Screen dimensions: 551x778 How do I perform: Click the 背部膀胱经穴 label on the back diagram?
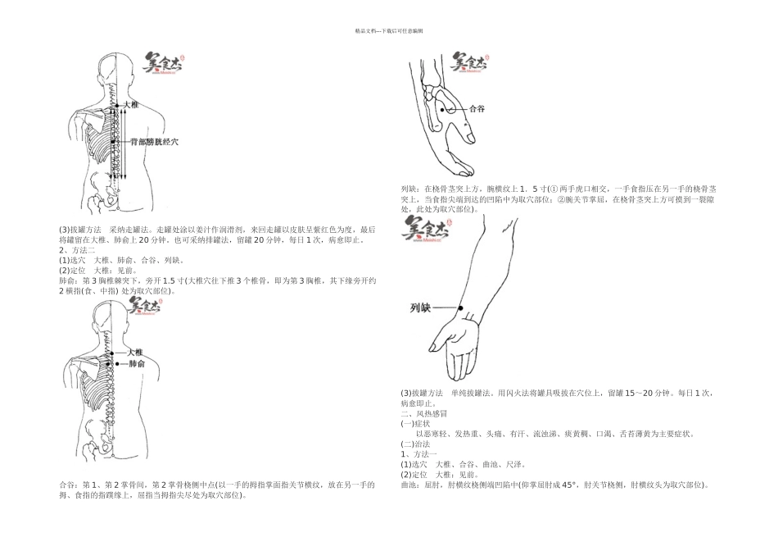tap(154, 142)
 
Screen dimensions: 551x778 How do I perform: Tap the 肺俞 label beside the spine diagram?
tap(137, 363)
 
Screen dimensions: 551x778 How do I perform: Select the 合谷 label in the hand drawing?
tap(476, 108)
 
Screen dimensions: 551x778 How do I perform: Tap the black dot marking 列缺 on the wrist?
tap(461, 307)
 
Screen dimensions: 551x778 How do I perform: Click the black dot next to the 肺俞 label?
tap(118, 363)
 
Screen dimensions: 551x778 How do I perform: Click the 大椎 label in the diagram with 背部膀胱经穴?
tap(132, 106)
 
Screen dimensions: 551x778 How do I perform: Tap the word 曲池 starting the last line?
tap(409, 485)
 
